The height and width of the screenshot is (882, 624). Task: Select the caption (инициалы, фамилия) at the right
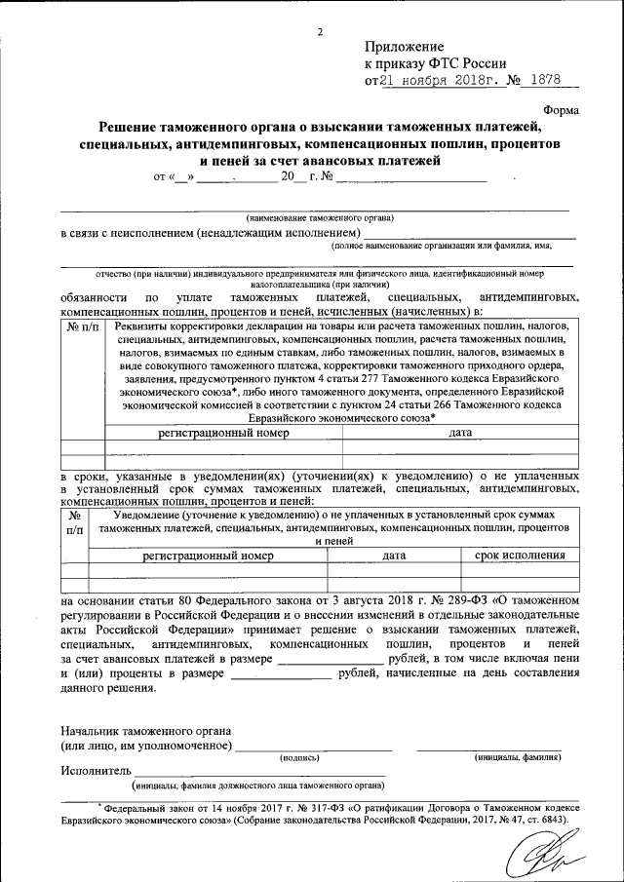click(517, 756)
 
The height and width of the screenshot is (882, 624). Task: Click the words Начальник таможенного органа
click(145, 730)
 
